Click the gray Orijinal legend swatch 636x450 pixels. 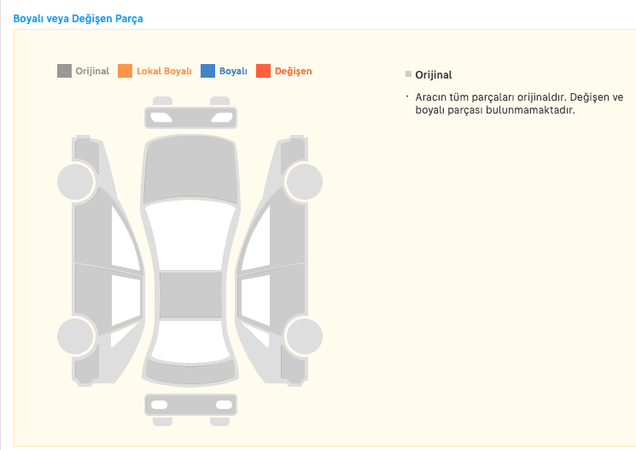[64, 71]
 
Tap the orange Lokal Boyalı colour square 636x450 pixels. [125, 71]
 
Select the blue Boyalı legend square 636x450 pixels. [207, 71]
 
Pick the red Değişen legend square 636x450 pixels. [263, 71]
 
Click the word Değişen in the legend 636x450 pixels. [294, 72]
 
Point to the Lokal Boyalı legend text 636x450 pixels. [164, 71]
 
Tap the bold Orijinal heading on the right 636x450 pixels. [433, 75]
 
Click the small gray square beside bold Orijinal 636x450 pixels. [408, 73]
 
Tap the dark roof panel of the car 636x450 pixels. [190, 295]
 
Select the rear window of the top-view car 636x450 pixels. [190, 342]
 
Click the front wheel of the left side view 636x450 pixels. [76, 182]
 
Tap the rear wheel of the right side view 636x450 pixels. [304, 336]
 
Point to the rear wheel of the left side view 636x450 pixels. [76, 336]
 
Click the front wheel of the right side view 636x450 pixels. [304, 182]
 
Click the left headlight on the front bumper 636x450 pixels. [160, 118]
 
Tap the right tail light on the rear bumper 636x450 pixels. [224, 405]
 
